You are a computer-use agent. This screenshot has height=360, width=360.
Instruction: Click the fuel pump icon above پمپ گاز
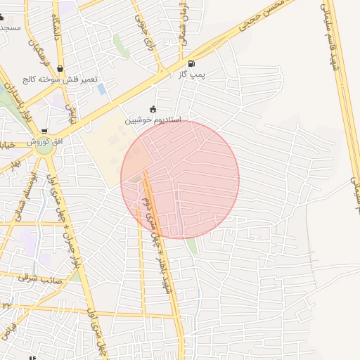pos(192,64)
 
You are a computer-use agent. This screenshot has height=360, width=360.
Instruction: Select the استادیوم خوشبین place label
pos(153,120)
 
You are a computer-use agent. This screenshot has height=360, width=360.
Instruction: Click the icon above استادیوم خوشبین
pos(153,109)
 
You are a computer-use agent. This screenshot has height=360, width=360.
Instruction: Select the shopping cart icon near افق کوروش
pos(45,131)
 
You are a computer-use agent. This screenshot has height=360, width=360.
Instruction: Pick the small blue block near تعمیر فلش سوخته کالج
pos(103,89)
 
